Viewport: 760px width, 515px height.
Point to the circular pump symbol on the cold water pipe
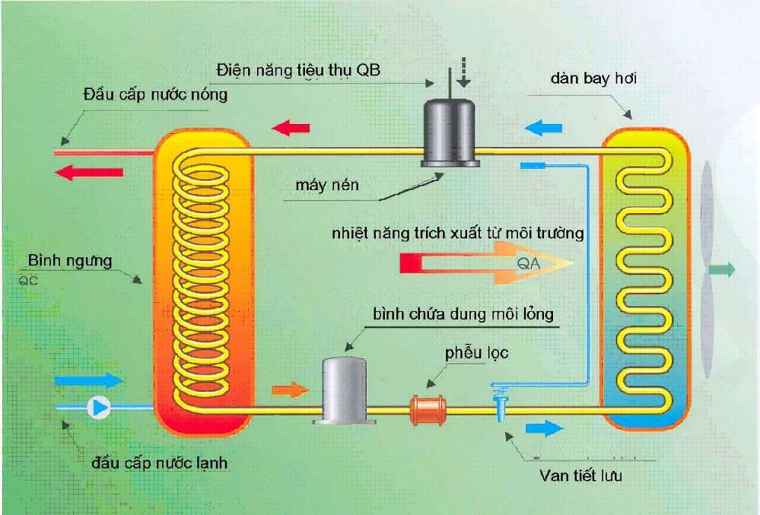[x=98, y=408]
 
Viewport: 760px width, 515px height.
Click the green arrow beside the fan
[x=722, y=270]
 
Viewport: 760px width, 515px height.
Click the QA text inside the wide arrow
[x=528, y=263]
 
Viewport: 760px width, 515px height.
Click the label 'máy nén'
[x=328, y=186]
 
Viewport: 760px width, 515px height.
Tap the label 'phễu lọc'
[x=477, y=353]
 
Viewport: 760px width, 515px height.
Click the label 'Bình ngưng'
[x=70, y=261]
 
